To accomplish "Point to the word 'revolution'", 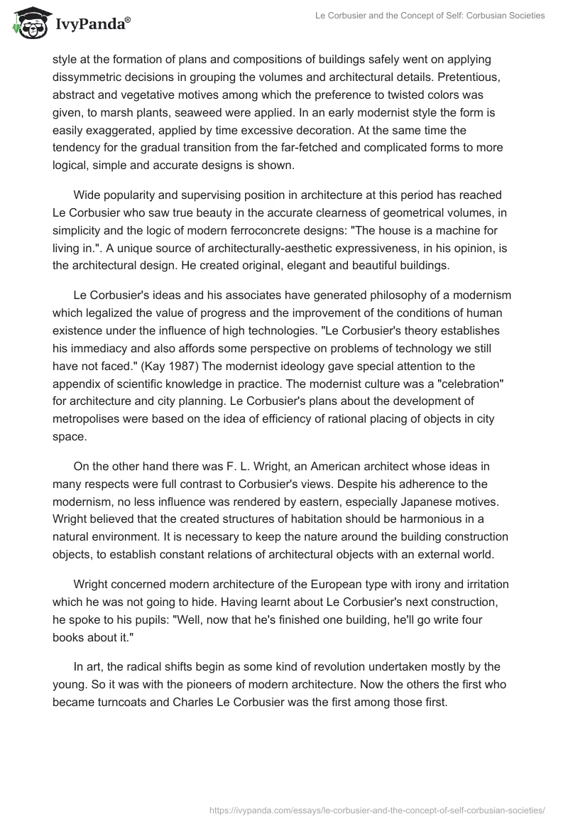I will (319, 666).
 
